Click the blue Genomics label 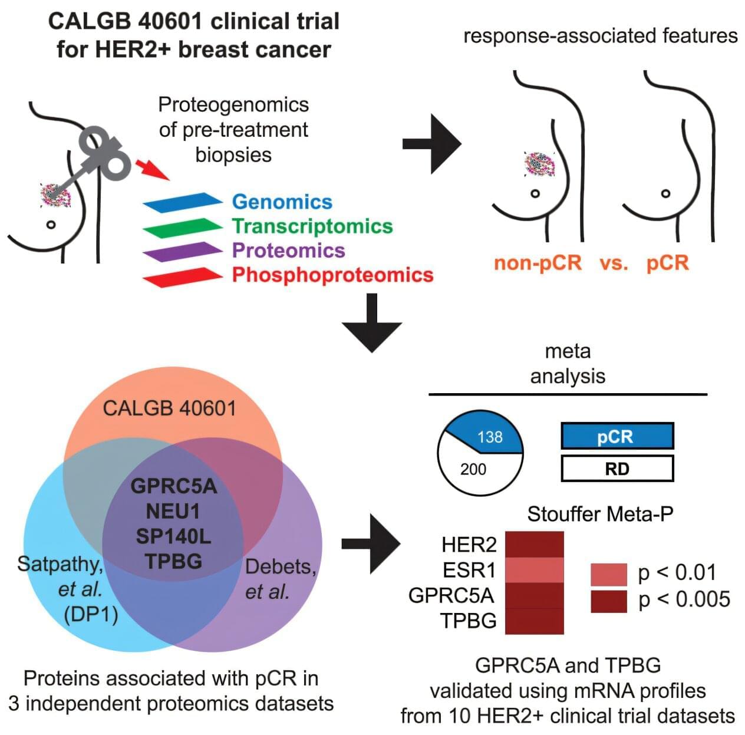pyautogui.click(x=282, y=202)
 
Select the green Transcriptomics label pyautogui.click(x=312, y=226)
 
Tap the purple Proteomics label pyautogui.click(x=288, y=251)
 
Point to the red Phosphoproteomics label pyautogui.click(x=332, y=275)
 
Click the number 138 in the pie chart pyautogui.click(x=490, y=437)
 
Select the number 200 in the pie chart pyautogui.click(x=473, y=469)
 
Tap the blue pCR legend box pyautogui.click(x=617, y=436)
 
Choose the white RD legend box pyautogui.click(x=617, y=469)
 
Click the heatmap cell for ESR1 pyautogui.click(x=535, y=570)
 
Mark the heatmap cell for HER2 pyautogui.click(x=535, y=544)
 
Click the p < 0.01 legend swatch pyautogui.click(x=608, y=574)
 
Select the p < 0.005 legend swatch pyautogui.click(x=608, y=601)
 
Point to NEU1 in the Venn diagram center pyautogui.click(x=173, y=511)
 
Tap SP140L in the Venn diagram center pyautogui.click(x=173, y=536)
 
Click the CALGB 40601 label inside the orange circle pyautogui.click(x=169, y=408)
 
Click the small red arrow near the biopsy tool pyautogui.click(x=153, y=169)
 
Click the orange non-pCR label pyautogui.click(x=538, y=263)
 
